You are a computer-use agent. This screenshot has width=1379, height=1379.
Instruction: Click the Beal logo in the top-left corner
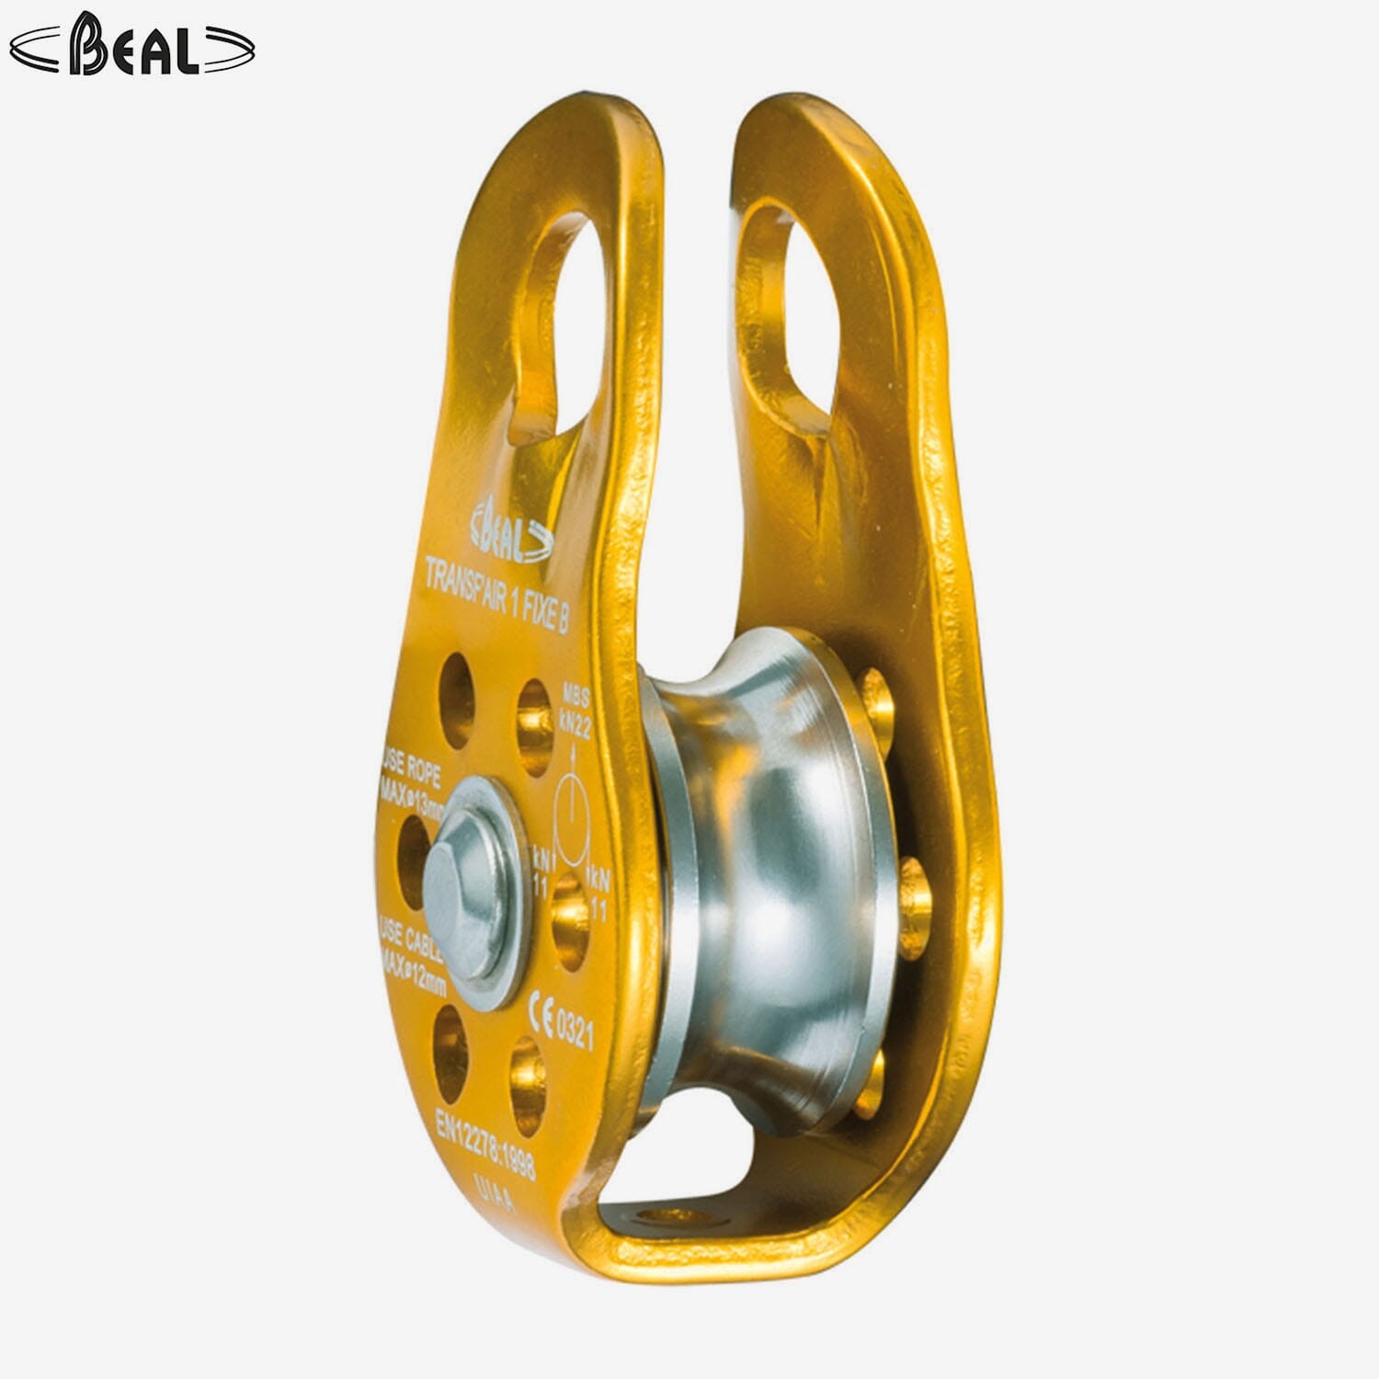point(131,46)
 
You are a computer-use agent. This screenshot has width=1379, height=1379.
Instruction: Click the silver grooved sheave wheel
point(772,873)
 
